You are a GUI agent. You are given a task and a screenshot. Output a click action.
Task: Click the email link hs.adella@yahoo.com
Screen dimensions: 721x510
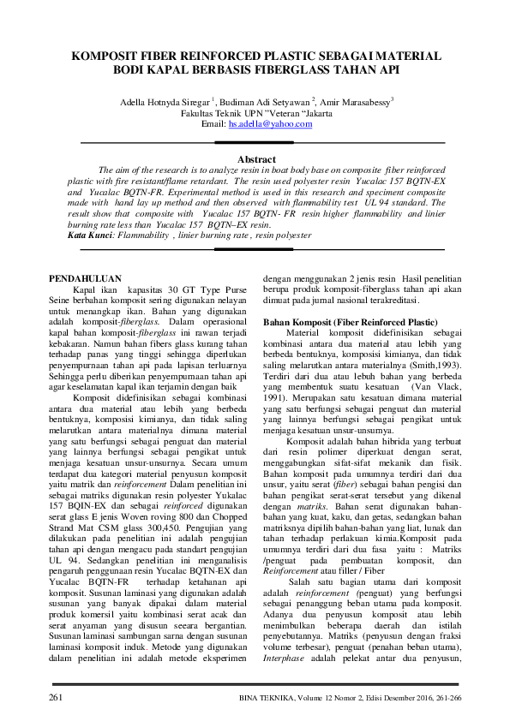click(270, 124)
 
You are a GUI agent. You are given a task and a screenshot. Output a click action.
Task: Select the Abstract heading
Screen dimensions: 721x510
click(255, 159)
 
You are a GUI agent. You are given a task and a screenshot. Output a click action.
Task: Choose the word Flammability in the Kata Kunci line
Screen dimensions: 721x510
click(143, 235)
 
